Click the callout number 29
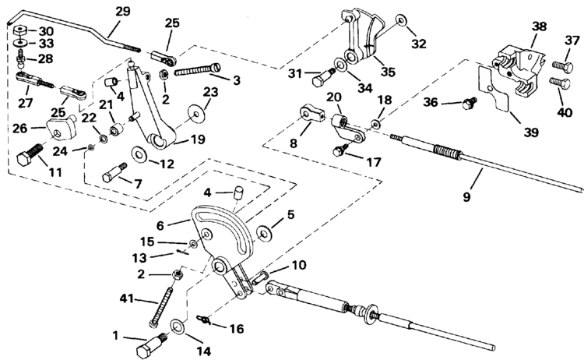point(124,12)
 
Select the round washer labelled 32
point(399,19)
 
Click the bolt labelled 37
point(560,66)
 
